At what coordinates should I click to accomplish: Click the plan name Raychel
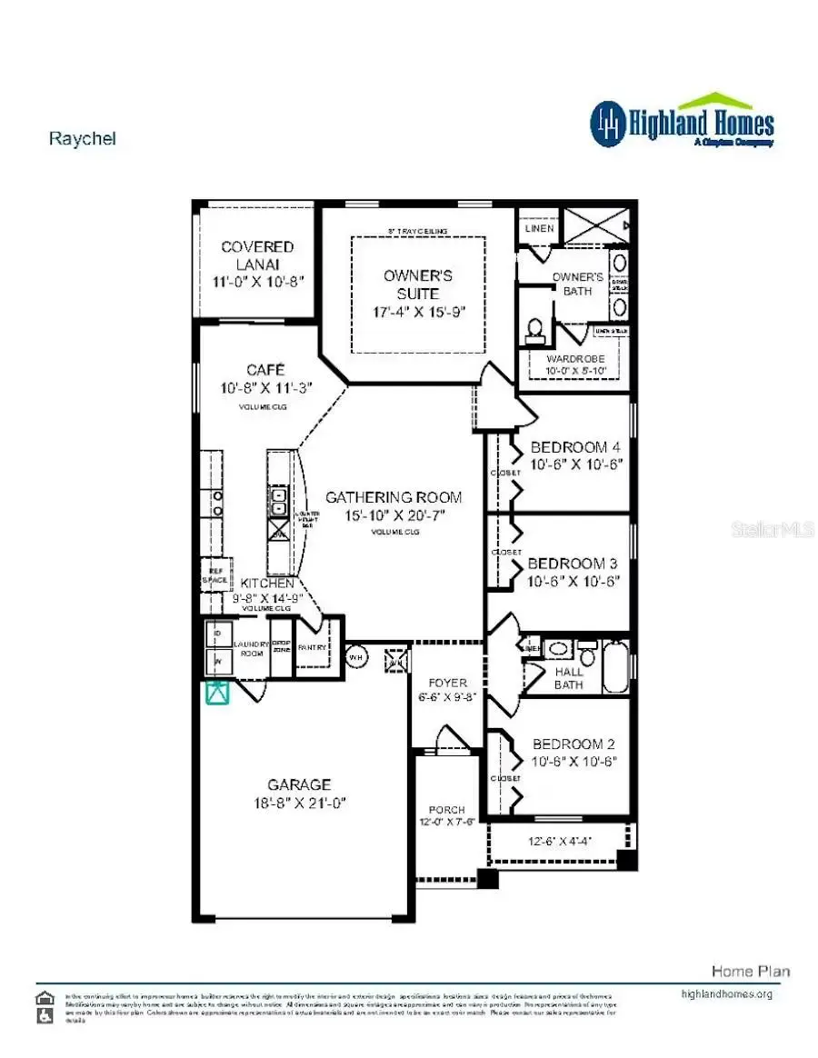pyautogui.click(x=82, y=139)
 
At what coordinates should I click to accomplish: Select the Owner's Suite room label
pyautogui.click(x=417, y=284)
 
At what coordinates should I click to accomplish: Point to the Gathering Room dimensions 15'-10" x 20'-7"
pyautogui.click(x=394, y=515)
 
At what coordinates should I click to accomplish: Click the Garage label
pyautogui.click(x=299, y=784)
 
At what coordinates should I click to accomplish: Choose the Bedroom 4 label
pyautogui.click(x=575, y=447)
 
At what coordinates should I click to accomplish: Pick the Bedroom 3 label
pyautogui.click(x=574, y=564)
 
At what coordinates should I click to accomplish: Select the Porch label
pyautogui.click(x=446, y=810)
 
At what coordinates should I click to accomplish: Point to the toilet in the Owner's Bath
pyautogui.click(x=535, y=329)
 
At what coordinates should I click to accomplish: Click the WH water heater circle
pyautogui.click(x=356, y=656)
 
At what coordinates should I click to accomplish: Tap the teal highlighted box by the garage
pyautogui.click(x=216, y=693)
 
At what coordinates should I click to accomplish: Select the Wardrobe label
pyautogui.click(x=574, y=359)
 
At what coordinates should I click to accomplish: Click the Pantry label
pyautogui.click(x=312, y=648)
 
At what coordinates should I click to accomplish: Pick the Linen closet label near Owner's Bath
pyautogui.click(x=539, y=228)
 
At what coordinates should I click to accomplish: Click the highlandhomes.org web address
pyautogui.click(x=726, y=993)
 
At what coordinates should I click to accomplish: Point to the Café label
pyautogui.click(x=265, y=371)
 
